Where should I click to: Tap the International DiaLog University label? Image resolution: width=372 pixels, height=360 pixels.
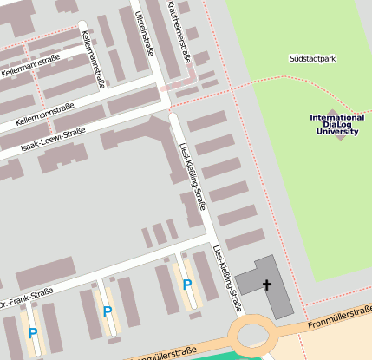(336, 125)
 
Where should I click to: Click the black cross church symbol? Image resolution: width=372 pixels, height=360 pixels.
(267, 285)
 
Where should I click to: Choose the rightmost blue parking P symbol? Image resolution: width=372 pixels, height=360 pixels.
(186, 284)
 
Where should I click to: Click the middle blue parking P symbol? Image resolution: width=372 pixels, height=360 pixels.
(107, 311)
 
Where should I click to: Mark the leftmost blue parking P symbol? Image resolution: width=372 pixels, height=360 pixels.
(33, 333)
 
